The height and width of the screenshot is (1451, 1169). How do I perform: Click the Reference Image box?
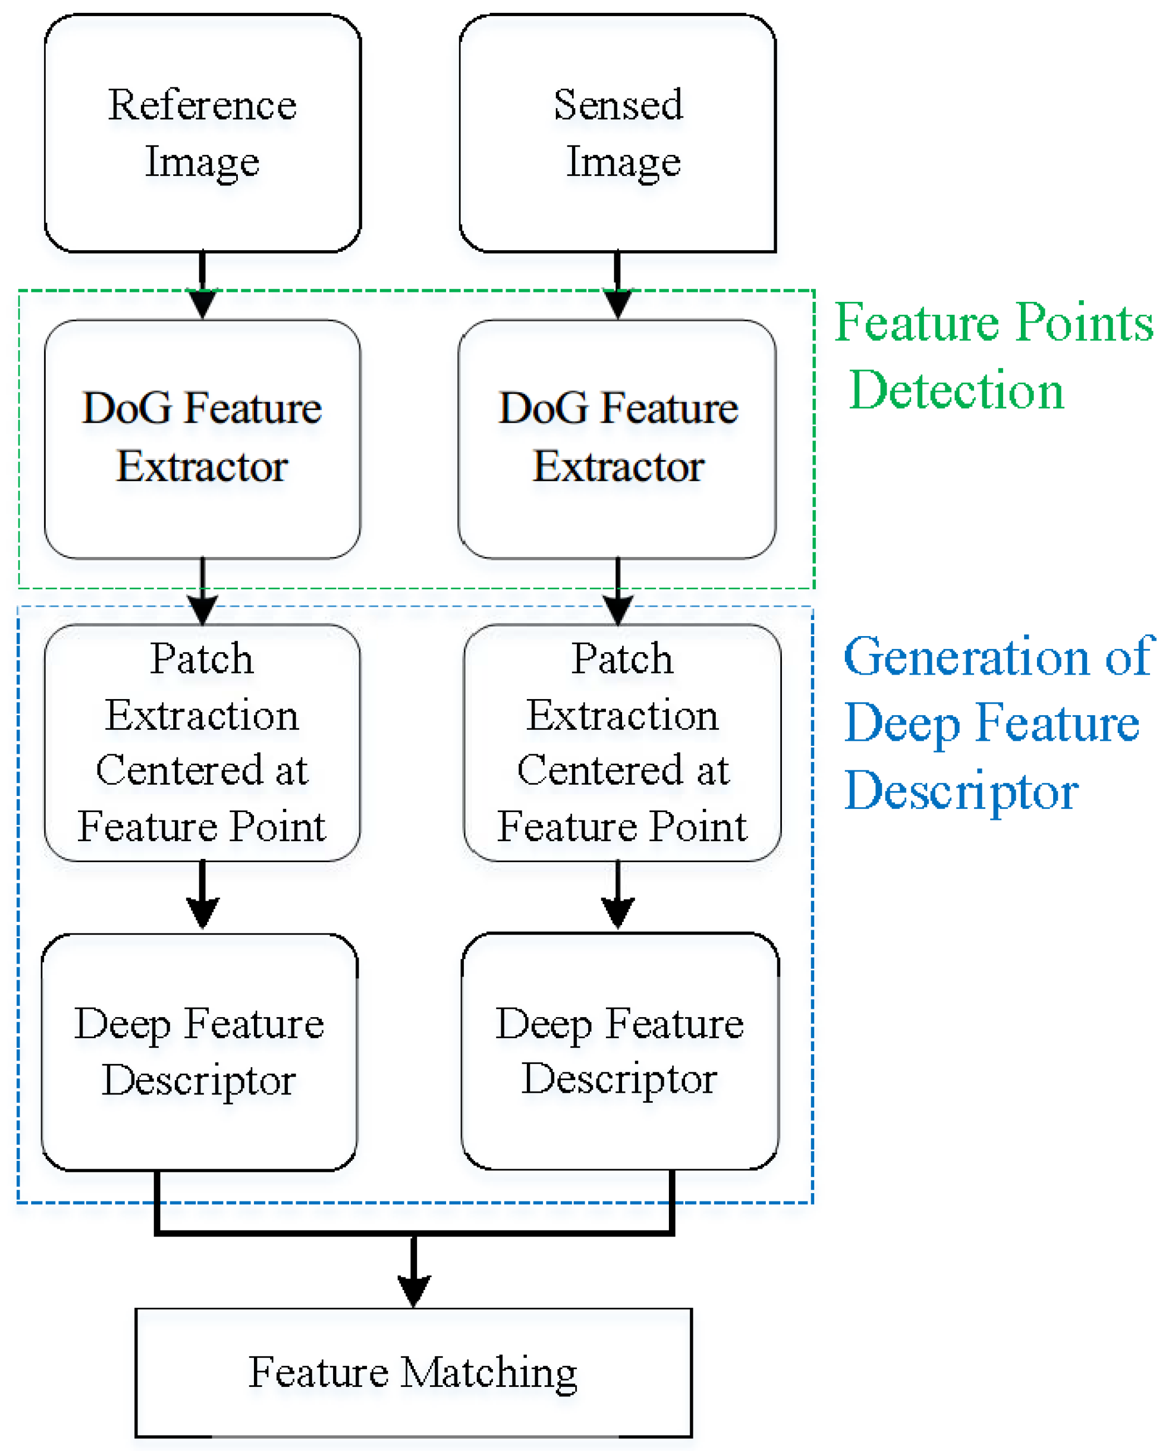click(x=202, y=133)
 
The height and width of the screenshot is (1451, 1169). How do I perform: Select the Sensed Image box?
click(x=618, y=133)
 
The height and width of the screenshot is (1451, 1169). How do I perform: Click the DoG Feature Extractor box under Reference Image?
click(x=202, y=438)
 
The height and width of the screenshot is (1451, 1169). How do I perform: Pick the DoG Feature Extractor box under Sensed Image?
click(x=618, y=438)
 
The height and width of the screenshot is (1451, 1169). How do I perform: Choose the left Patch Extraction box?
click(x=202, y=742)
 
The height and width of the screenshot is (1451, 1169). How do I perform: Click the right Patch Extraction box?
click(x=622, y=742)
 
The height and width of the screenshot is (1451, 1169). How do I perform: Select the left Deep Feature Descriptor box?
click(x=199, y=1052)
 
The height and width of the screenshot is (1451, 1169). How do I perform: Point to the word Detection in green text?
click(x=956, y=390)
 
